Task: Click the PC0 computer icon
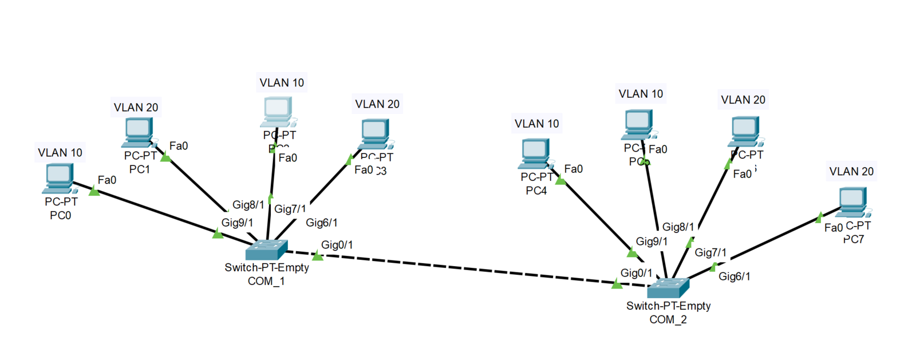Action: click(x=58, y=178)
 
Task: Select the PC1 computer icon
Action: click(x=138, y=132)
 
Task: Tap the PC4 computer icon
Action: click(x=536, y=154)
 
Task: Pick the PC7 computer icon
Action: click(x=852, y=201)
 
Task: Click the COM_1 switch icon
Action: click(x=266, y=249)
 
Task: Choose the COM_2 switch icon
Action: click(x=668, y=287)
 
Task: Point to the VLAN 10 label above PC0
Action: click(x=60, y=153)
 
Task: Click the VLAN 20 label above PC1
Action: click(x=136, y=108)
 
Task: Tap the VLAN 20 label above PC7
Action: click(x=851, y=172)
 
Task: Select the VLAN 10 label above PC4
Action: click(x=536, y=124)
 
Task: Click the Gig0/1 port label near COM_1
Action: click(x=337, y=245)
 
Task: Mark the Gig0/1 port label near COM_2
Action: click(x=636, y=273)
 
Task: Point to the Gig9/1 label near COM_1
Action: click(x=237, y=223)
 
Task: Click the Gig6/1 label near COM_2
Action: click(x=734, y=276)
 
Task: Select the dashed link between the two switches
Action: click(x=458, y=267)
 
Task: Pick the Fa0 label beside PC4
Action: click(x=573, y=169)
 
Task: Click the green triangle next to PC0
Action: click(x=94, y=191)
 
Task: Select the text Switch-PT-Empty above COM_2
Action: click(x=668, y=306)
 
